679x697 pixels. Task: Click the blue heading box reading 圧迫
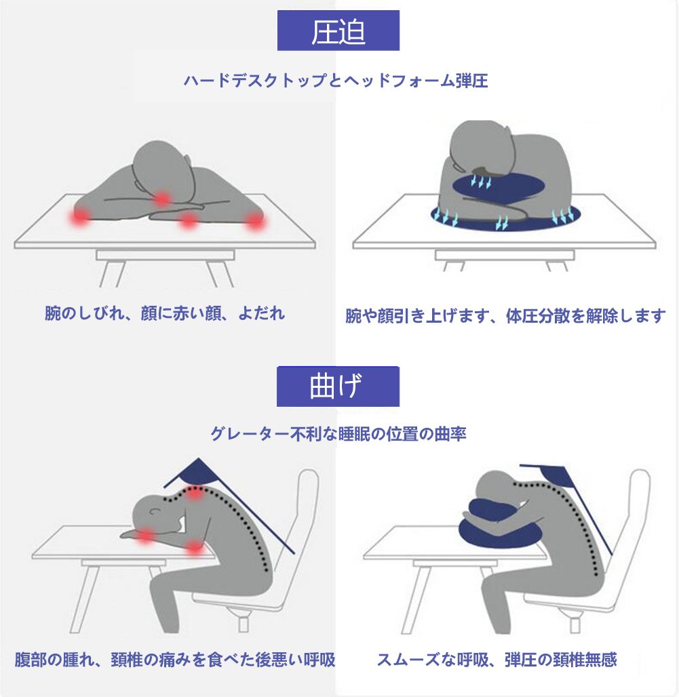coord(338,31)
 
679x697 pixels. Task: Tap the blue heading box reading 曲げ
coord(338,386)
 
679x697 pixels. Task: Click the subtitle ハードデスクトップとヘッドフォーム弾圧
coord(336,81)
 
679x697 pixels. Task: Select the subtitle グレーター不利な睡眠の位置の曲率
coord(338,433)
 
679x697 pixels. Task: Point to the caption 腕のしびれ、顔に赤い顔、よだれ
coord(165,313)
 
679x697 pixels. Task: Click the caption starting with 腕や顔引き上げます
coord(505,315)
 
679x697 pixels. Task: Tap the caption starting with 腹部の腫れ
coord(175,659)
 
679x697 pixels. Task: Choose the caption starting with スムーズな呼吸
coord(497,659)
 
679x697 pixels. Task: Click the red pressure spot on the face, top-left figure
coord(163,199)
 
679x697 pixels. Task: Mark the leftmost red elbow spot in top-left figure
coord(80,216)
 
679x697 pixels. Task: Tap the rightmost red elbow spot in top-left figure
coord(255,220)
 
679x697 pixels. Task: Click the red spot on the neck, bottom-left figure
coord(194,493)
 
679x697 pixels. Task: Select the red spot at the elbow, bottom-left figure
coord(194,546)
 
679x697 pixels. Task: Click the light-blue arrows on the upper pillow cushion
coord(481,181)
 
